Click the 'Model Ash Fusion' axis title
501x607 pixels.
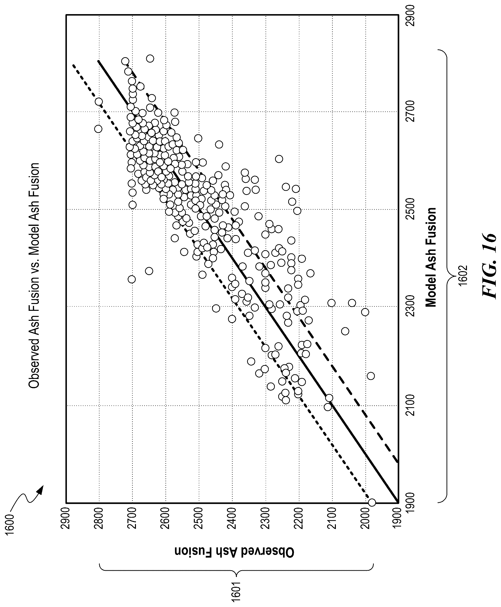(x=430, y=257)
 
